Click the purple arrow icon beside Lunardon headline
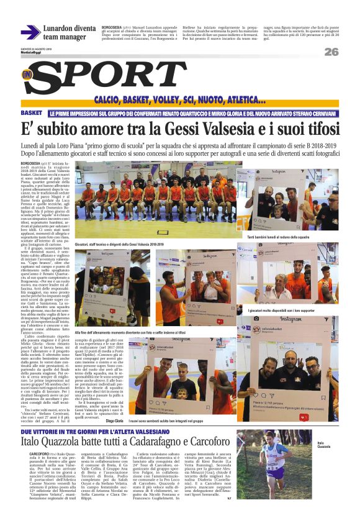[30, 32]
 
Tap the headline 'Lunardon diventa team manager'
[69, 32]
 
